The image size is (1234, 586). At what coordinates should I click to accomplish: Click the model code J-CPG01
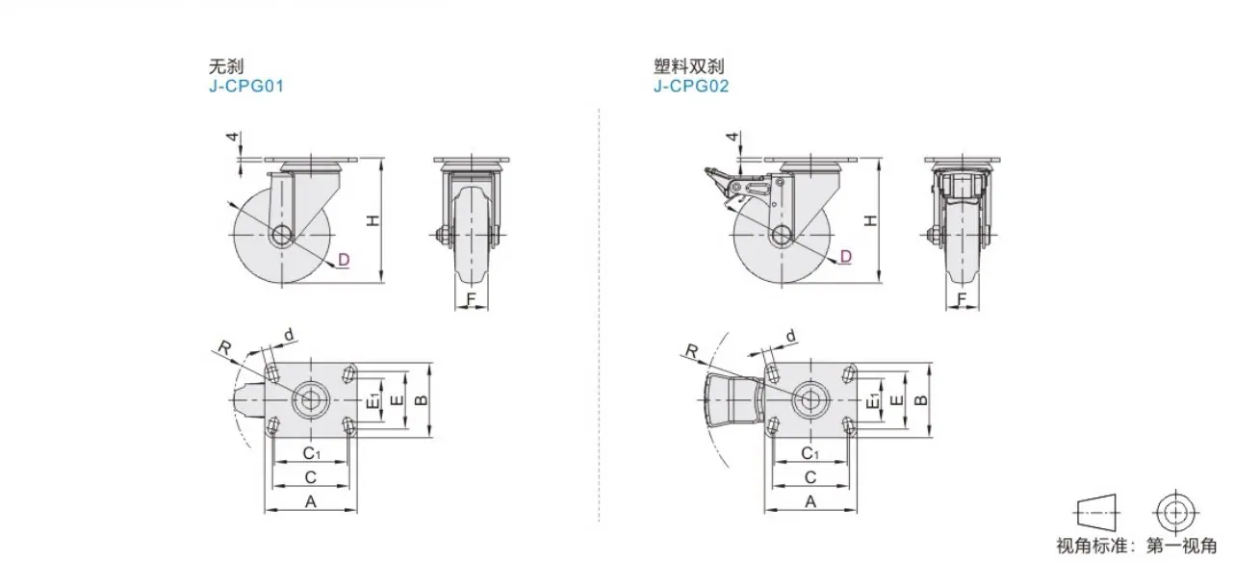246,87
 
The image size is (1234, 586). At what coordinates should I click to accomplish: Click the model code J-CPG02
691,87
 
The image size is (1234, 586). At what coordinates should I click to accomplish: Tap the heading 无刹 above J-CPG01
226,66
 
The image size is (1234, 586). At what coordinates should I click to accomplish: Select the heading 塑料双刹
688,66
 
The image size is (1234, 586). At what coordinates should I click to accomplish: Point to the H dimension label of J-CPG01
373,221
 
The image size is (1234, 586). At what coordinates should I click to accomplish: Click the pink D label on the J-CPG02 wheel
846,257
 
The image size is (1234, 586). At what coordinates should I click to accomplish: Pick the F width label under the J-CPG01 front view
471,299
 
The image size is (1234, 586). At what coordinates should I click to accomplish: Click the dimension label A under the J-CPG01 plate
311,501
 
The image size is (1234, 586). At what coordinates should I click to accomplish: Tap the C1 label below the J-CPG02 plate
810,453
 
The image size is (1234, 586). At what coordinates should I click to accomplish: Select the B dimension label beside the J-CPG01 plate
422,399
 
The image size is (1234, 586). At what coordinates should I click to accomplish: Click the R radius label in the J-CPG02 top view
692,350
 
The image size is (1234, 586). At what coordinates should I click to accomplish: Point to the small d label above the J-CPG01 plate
289,334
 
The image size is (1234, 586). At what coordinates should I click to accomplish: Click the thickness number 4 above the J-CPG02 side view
733,136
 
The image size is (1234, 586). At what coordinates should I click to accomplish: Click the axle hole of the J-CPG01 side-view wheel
281,235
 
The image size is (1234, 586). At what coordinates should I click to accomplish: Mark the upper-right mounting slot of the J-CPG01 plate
348,374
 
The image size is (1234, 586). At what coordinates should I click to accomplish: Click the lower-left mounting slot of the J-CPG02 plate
773,424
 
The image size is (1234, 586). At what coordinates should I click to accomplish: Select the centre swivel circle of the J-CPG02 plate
810,399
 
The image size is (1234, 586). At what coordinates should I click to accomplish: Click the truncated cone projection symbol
1096,513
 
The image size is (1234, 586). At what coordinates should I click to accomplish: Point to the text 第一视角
1181,546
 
